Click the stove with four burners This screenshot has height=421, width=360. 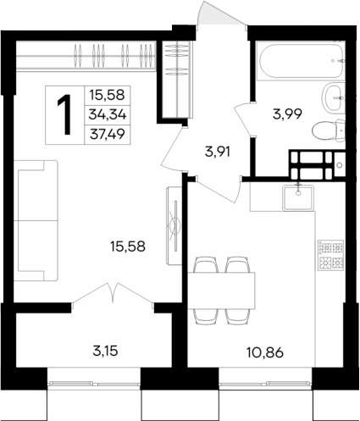tap(329, 255)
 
